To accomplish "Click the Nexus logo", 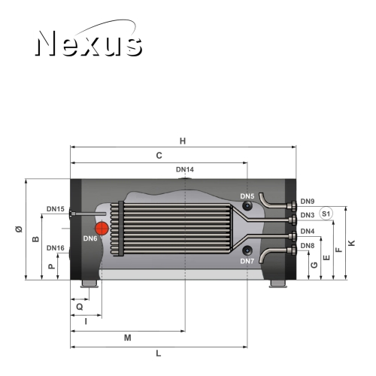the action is pyautogui.click(x=89, y=39).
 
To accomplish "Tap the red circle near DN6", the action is pyautogui.click(x=102, y=228).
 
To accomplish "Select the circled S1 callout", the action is pyautogui.click(x=326, y=214).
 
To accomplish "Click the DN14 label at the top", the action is pyautogui.click(x=185, y=170).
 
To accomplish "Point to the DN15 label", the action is pyautogui.click(x=56, y=209).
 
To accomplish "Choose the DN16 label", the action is pyautogui.click(x=56, y=248).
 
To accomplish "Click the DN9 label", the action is pyautogui.click(x=308, y=202).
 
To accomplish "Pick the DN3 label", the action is pyautogui.click(x=308, y=215).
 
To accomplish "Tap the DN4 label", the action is pyautogui.click(x=308, y=231).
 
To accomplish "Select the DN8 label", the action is pyautogui.click(x=308, y=246).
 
